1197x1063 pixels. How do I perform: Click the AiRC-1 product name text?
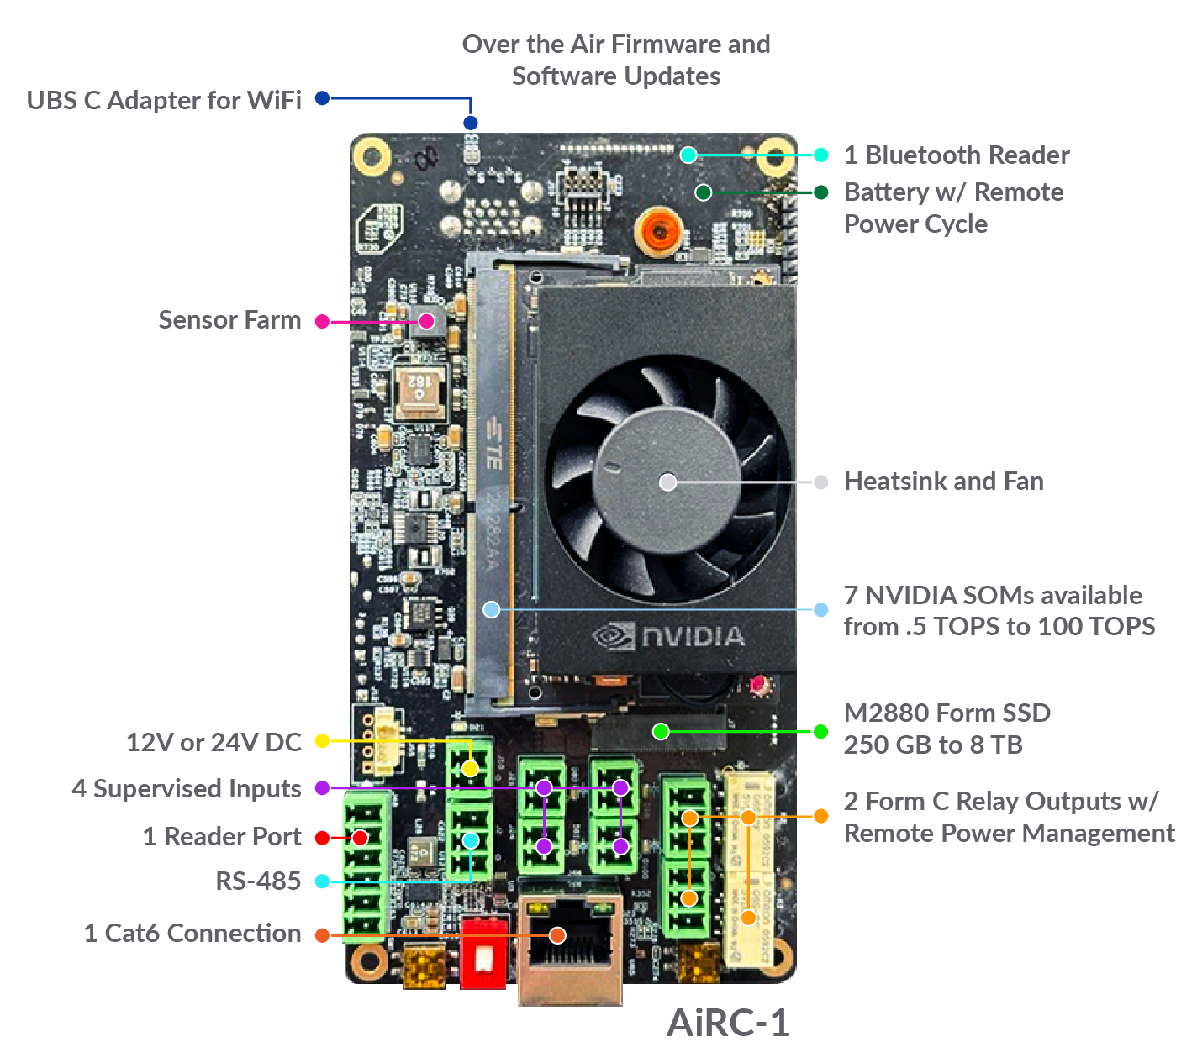(727, 1023)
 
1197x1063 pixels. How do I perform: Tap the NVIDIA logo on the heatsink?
(667, 635)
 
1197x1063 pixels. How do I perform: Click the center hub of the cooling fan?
(667, 482)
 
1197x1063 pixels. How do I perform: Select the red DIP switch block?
(483, 953)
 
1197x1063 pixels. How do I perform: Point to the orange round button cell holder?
(658, 231)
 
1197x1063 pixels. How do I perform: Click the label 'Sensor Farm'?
(229, 320)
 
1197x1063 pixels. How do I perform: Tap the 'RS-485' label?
(258, 881)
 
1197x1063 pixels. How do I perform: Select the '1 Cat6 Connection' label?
(192, 934)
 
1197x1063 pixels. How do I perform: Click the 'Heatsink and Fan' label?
(943, 482)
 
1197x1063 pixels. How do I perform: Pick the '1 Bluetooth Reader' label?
(957, 155)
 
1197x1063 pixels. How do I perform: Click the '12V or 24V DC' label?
(214, 742)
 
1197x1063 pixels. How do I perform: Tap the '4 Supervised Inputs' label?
(187, 789)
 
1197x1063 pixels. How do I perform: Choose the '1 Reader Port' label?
(222, 837)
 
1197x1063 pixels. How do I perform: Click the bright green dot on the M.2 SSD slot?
(661, 732)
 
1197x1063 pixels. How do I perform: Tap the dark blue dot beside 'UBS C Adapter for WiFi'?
(322, 98)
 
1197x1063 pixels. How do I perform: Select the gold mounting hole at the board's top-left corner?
(372, 157)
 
